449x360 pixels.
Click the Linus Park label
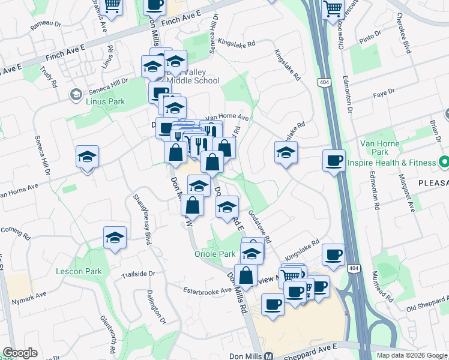pos(104,101)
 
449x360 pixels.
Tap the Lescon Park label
pos(78,271)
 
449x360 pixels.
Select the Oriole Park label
pos(215,254)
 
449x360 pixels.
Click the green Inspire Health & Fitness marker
pos(444,163)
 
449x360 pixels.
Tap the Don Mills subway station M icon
pos(268,355)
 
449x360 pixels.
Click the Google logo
pos(20,353)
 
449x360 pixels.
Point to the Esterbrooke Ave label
pos(207,290)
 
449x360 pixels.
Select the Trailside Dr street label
pos(138,275)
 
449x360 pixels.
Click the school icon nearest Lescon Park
pos(115,238)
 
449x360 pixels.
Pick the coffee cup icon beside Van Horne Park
pos(334,160)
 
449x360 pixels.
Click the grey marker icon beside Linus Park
pos(76,95)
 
